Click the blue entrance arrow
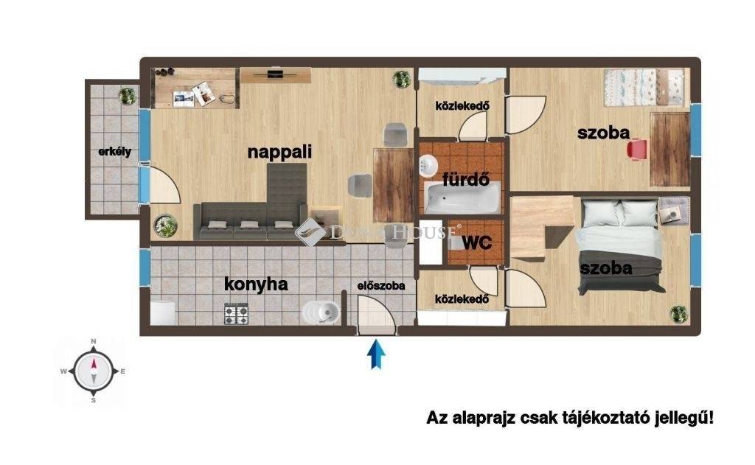tap(376, 354)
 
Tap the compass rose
tap(94, 371)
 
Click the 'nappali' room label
tap(279, 152)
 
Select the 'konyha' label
tap(256, 284)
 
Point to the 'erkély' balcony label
tap(114, 152)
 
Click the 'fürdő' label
tap(466, 180)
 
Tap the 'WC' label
tap(477, 242)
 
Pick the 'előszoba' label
tap(381, 285)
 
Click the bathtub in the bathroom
tap(462, 200)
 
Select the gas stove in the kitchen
tap(236, 314)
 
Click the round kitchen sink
tap(321, 312)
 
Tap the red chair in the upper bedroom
tap(638, 149)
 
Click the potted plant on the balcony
tap(128, 96)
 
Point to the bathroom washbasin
tap(428, 166)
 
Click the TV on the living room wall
tap(276, 73)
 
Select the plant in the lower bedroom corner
tap(679, 314)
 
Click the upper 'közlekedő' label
tap(462, 105)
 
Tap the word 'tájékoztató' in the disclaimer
tap(604, 417)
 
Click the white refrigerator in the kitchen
tap(162, 312)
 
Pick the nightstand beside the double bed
tap(674, 210)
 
